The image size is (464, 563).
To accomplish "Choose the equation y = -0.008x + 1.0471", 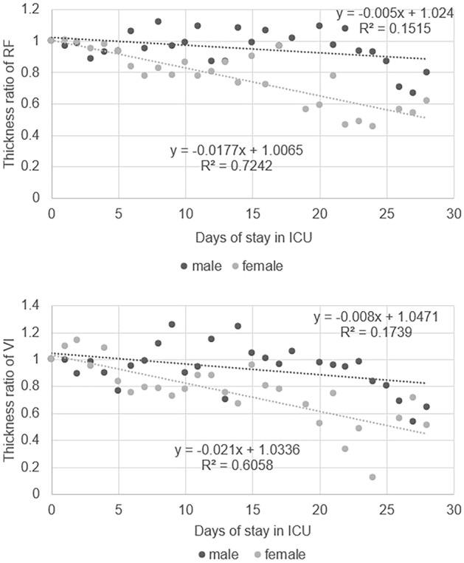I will tap(376, 317).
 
